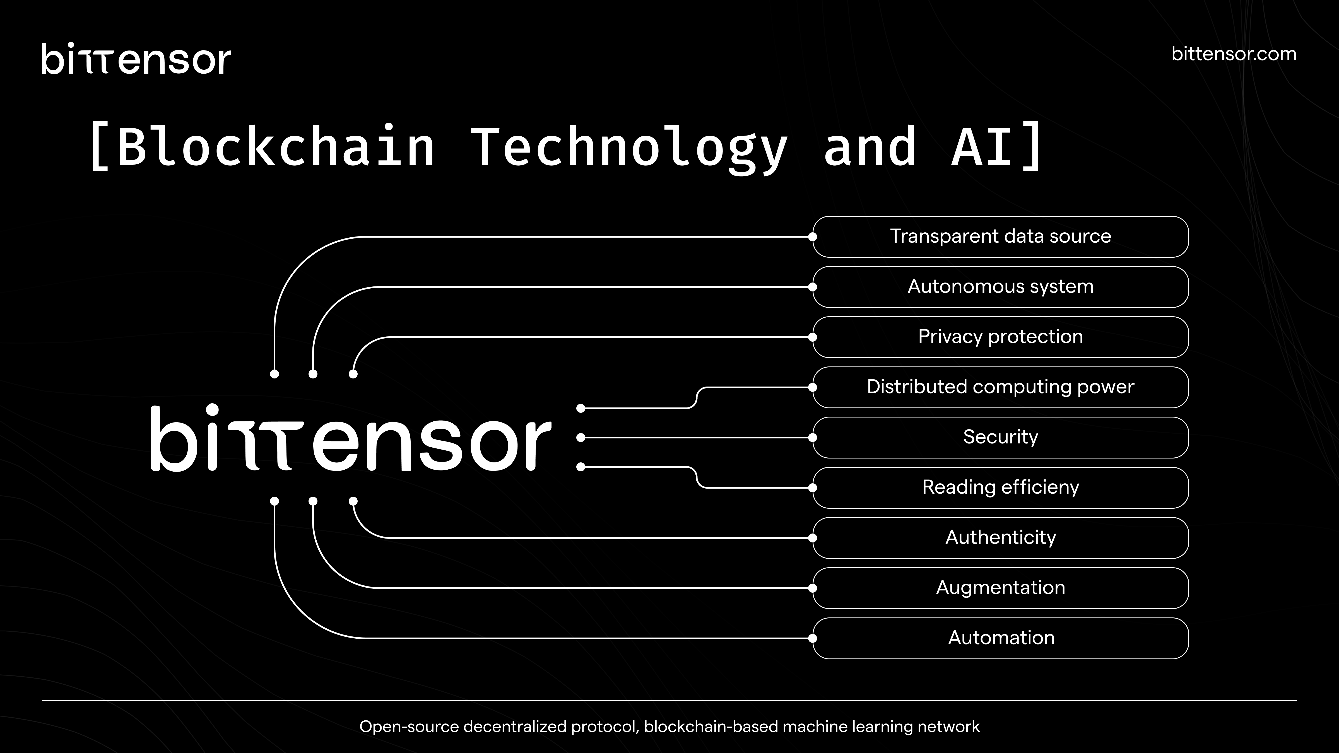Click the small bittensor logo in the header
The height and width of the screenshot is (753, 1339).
(x=136, y=59)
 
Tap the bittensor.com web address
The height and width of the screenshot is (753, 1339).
(x=1234, y=54)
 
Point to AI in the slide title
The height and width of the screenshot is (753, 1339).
(x=982, y=148)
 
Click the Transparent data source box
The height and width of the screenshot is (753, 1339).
(x=1000, y=236)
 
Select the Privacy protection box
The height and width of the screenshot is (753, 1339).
(x=1000, y=337)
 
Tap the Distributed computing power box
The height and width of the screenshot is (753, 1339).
(x=1000, y=387)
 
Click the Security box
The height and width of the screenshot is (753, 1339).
(x=1000, y=437)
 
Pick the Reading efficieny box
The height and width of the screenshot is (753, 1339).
(x=1000, y=487)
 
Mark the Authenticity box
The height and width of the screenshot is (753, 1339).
(x=1000, y=537)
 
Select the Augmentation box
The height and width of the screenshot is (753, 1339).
(x=1000, y=588)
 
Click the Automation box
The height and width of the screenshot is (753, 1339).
(x=1000, y=638)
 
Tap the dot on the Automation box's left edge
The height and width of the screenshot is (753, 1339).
(x=812, y=638)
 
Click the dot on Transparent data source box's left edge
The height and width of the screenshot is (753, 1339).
(x=812, y=236)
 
